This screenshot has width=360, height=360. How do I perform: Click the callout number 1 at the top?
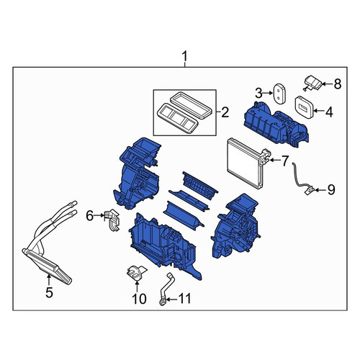coord(184,57)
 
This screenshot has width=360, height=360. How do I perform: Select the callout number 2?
coord(225,112)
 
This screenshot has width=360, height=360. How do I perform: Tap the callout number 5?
coord(49,292)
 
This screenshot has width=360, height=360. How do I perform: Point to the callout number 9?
coord(331,190)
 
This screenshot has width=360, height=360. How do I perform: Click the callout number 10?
coord(139,299)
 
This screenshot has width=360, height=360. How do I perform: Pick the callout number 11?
coord(185,299)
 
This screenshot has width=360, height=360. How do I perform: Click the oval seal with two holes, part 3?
coord(279,94)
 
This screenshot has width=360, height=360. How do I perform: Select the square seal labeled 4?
coord(304,107)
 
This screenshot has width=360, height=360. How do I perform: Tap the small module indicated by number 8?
coord(312,83)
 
